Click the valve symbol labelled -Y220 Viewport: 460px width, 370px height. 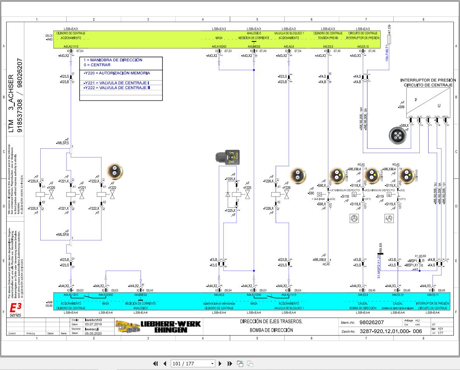pos(51,194)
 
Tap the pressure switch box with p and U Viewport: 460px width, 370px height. pos(428,102)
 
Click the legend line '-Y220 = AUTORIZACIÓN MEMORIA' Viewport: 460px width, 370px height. pos(117,73)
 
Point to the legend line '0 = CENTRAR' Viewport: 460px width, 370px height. pos(97,65)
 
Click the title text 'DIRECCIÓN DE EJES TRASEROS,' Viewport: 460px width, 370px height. pos(271,322)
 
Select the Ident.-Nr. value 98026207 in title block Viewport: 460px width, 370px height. pos(371,322)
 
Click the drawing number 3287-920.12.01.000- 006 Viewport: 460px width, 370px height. pos(390,331)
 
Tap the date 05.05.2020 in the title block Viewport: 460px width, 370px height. pos(93,333)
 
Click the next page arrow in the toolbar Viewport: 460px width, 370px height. pos(220,363)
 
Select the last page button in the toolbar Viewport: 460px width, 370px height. pos(230,363)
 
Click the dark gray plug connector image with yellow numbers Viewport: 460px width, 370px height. pos(228,157)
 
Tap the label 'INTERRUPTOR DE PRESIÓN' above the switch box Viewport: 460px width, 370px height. pos(428,80)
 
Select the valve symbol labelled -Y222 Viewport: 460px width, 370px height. pos(113,194)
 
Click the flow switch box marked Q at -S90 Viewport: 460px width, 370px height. pos(320,194)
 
